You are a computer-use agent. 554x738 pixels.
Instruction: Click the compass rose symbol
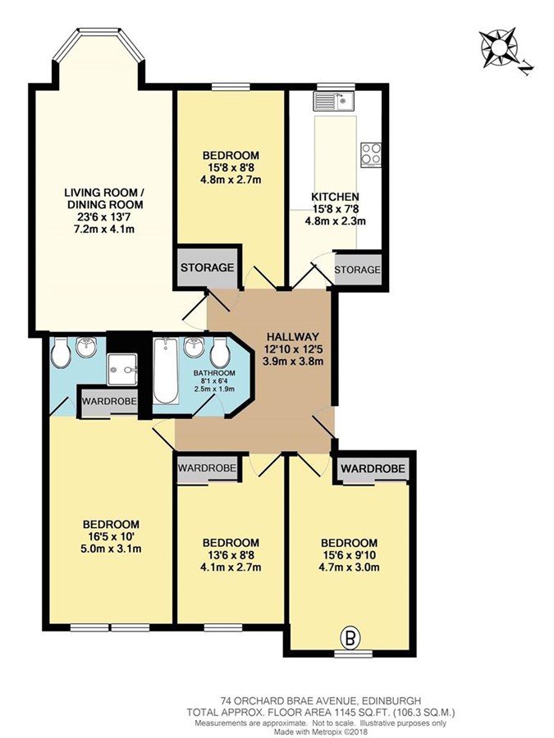(499, 48)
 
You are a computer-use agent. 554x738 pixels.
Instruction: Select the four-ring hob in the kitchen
(371, 155)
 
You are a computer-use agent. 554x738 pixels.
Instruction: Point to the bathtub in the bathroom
(166, 371)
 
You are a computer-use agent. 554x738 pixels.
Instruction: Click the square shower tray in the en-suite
(121, 370)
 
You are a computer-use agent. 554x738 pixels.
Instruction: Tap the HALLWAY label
(292, 337)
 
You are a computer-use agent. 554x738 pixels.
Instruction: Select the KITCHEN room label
(336, 197)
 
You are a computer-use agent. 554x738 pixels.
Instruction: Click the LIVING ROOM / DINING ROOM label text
(104, 198)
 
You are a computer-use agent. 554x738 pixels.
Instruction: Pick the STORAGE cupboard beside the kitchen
(358, 270)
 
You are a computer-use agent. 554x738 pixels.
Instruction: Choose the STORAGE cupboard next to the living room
(208, 268)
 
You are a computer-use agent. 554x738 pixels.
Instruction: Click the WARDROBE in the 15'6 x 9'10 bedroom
(373, 469)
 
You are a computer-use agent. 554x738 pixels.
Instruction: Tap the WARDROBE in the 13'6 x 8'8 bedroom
(208, 469)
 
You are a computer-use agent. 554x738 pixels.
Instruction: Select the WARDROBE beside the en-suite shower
(110, 402)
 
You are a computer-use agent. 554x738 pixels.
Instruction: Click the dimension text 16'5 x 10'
(112, 536)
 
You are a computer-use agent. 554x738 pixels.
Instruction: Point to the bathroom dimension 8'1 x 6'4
(214, 381)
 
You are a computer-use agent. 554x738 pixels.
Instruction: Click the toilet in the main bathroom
(219, 353)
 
